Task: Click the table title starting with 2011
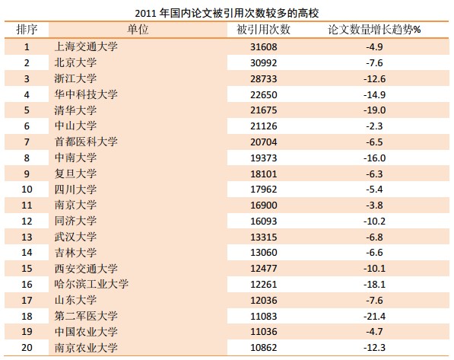point(227,13)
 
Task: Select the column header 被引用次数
point(263,29)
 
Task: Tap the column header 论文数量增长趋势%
point(374,29)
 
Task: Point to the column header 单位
point(138,29)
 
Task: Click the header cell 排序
point(27,29)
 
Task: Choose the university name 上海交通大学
point(86,46)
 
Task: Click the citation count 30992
point(263,62)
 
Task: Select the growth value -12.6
point(374,78)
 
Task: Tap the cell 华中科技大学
point(86,94)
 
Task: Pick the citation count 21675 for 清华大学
point(263,110)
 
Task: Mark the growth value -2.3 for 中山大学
point(374,126)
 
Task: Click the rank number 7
point(27,142)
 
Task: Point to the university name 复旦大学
point(75,174)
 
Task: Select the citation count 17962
point(263,190)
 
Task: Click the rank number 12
point(27,221)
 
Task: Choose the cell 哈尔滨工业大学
point(91,284)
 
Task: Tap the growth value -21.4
point(374,316)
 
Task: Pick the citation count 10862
point(263,347)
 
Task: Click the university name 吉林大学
point(75,253)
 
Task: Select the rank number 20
point(27,347)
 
